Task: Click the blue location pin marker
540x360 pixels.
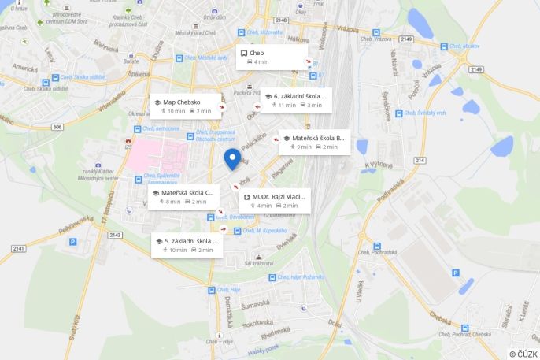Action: [232, 158]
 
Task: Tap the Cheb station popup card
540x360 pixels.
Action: [272, 57]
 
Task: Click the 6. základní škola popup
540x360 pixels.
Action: [296, 100]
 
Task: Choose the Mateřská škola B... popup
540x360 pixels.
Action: [314, 142]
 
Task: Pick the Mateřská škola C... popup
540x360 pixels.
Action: [183, 196]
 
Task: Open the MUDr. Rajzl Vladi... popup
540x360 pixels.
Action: [275, 200]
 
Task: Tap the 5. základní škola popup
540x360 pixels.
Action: [187, 245]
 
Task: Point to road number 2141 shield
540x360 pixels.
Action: [19, 248]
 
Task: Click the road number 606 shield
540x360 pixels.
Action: [57, 126]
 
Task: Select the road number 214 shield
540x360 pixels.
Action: [420, 160]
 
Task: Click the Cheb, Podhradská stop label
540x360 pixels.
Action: [376, 252]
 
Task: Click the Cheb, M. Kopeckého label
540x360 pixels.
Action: [265, 230]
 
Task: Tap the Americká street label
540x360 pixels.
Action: [24, 69]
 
